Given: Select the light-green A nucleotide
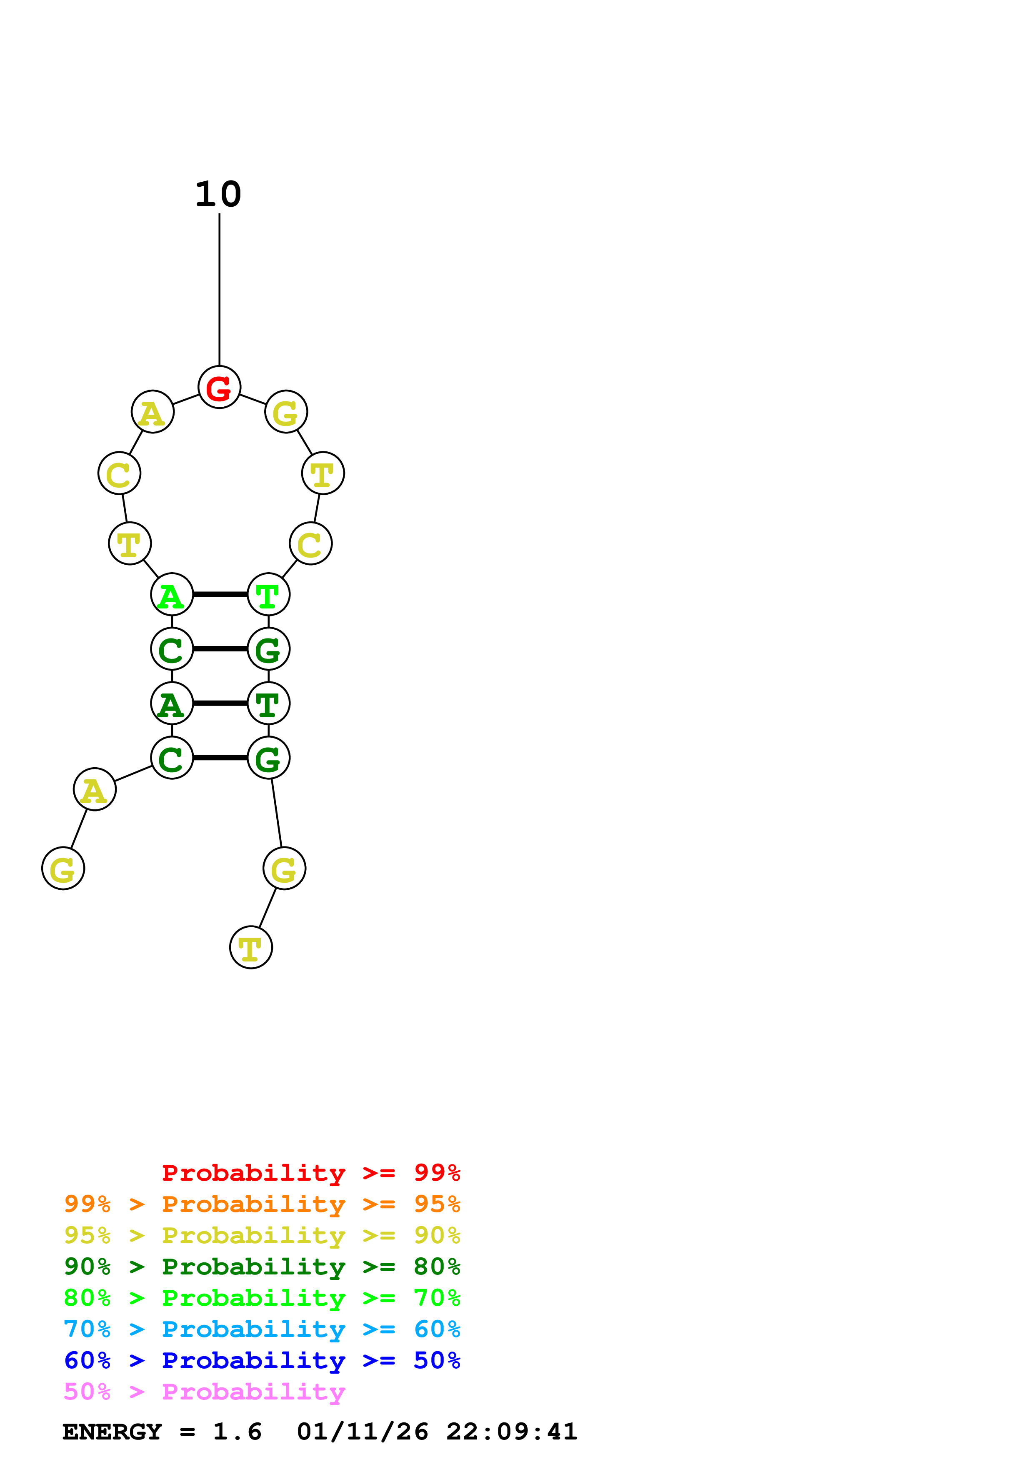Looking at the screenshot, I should tap(172, 594).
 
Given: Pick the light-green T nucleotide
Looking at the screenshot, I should tap(269, 594).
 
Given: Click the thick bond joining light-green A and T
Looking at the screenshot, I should tap(220, 594).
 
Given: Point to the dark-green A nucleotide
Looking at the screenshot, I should tap(172, 703).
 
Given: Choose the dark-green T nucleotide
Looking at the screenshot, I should tap(269, 703).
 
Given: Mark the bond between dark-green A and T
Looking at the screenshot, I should tap(220, 703).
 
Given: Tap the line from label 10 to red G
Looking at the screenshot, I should tap(220, 290).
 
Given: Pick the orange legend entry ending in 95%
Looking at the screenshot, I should tap(262, 1204).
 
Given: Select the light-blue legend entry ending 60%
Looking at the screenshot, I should tap(262, 1329).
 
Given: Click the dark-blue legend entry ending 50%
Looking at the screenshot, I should tap(262, 1360).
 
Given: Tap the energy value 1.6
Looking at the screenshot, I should tap(237, 1432).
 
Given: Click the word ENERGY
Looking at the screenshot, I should tap(112, 1432).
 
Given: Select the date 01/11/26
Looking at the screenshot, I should tap(362, 1432).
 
